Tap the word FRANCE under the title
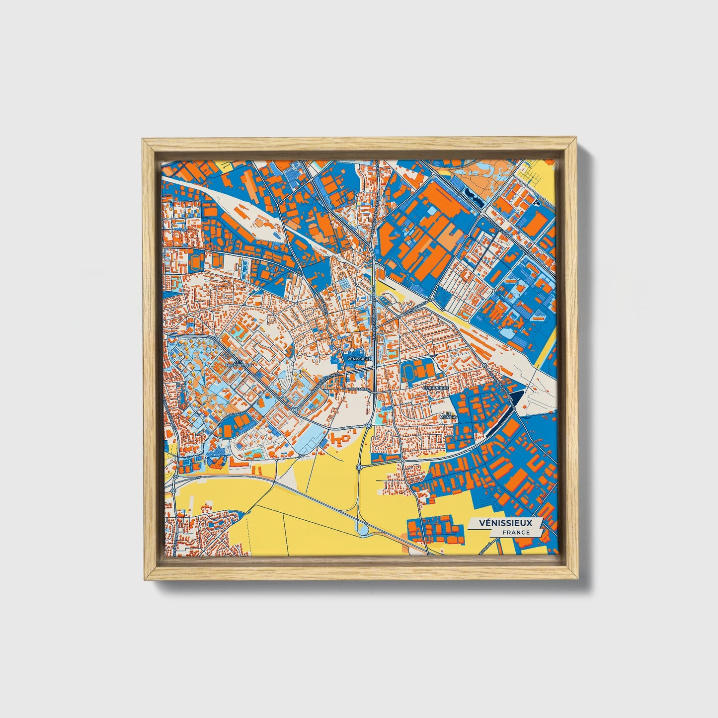pyautogui.click(x=515, y=532)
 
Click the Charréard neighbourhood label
pyautogui.click(x=436, y=387)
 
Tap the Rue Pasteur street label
pyautogui.click(x=359, y=390)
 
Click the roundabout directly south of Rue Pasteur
pyautogui.click(x=369, y=425)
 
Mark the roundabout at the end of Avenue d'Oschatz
pyautogui.click(x=294, y=409)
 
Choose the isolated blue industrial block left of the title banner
pyautogui.click(x=430, y=528)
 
